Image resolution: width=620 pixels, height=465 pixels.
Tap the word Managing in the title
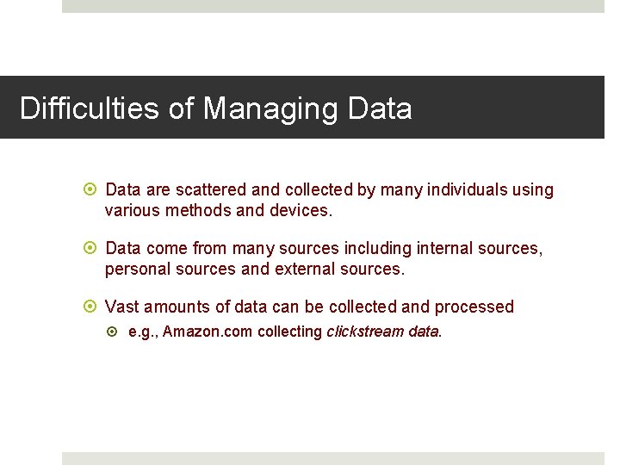tap(270, 109)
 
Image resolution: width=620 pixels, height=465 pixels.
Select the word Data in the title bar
tap(380, 109)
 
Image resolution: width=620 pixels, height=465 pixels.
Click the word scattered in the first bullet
tap(214, 189)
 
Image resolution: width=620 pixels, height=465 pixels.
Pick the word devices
tap(301, 210)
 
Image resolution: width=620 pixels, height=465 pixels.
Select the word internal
tap(448, 248)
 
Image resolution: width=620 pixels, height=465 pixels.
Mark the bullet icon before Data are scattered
tap(93, 189)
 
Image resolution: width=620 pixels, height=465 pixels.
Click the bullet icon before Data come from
tap(93, 248)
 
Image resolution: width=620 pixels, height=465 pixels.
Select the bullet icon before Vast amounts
tap(93, 307)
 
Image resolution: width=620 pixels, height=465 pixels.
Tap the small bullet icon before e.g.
tap(117, 332)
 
